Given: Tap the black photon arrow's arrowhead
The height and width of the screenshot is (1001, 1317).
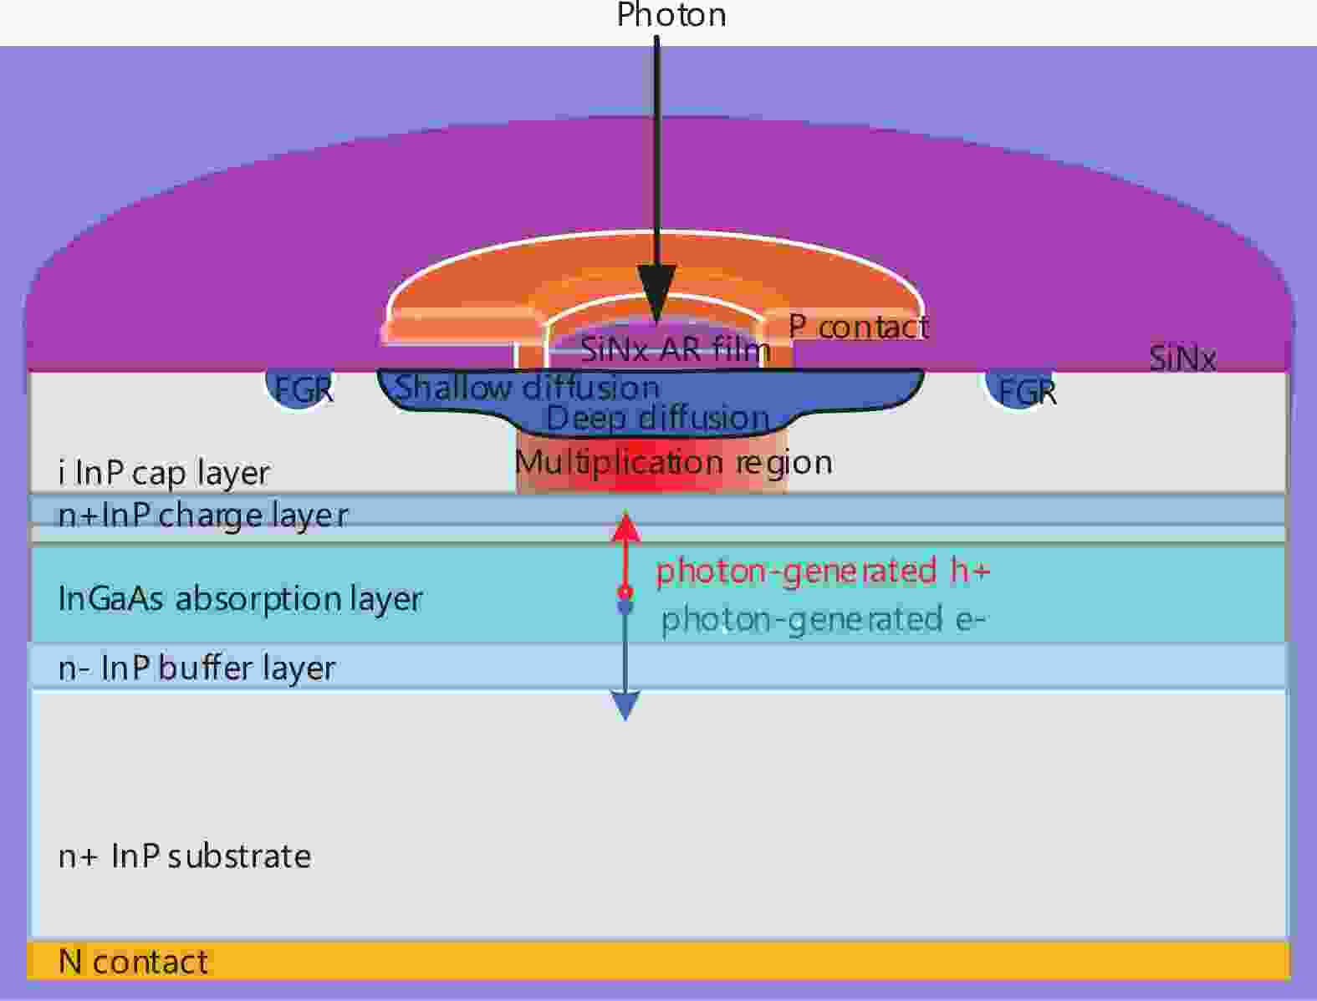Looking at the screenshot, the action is click(x=656, y=294).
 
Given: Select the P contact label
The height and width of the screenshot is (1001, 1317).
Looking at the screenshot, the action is click(x=859, y=327).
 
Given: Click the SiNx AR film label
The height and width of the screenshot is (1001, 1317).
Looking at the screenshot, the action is click(x=676, y=349).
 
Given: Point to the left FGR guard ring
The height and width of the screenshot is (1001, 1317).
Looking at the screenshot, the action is click(x=299, y=389).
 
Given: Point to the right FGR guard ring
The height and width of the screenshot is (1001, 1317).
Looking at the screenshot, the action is click(x=1021, y=390).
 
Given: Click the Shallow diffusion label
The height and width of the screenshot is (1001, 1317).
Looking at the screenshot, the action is click(x=528, y=387).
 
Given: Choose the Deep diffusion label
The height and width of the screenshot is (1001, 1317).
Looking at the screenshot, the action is click(x=657, y=417).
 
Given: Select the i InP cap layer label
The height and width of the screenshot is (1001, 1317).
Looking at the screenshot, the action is click(x=164, y=474).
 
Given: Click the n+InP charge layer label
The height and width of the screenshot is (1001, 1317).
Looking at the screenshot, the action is click(x=203, y=516).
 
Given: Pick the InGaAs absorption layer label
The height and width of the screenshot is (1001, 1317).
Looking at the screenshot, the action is click(x=241, y=599).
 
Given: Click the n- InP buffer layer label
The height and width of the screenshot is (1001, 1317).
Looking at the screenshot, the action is click(x=197, y=668).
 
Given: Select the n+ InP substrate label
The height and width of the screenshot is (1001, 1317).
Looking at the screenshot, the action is click(x=185, y=856).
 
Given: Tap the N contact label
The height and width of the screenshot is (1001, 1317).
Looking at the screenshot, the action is click(x=133, y=962).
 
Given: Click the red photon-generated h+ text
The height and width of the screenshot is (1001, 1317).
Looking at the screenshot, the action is click(x=823, y=571).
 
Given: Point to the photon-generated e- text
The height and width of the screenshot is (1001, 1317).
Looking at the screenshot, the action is click(x=823, y=619).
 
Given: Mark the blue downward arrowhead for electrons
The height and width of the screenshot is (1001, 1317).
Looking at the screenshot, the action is click(x=625, y=705).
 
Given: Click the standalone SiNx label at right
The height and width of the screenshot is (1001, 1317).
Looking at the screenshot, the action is click(x=1182, y=358).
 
